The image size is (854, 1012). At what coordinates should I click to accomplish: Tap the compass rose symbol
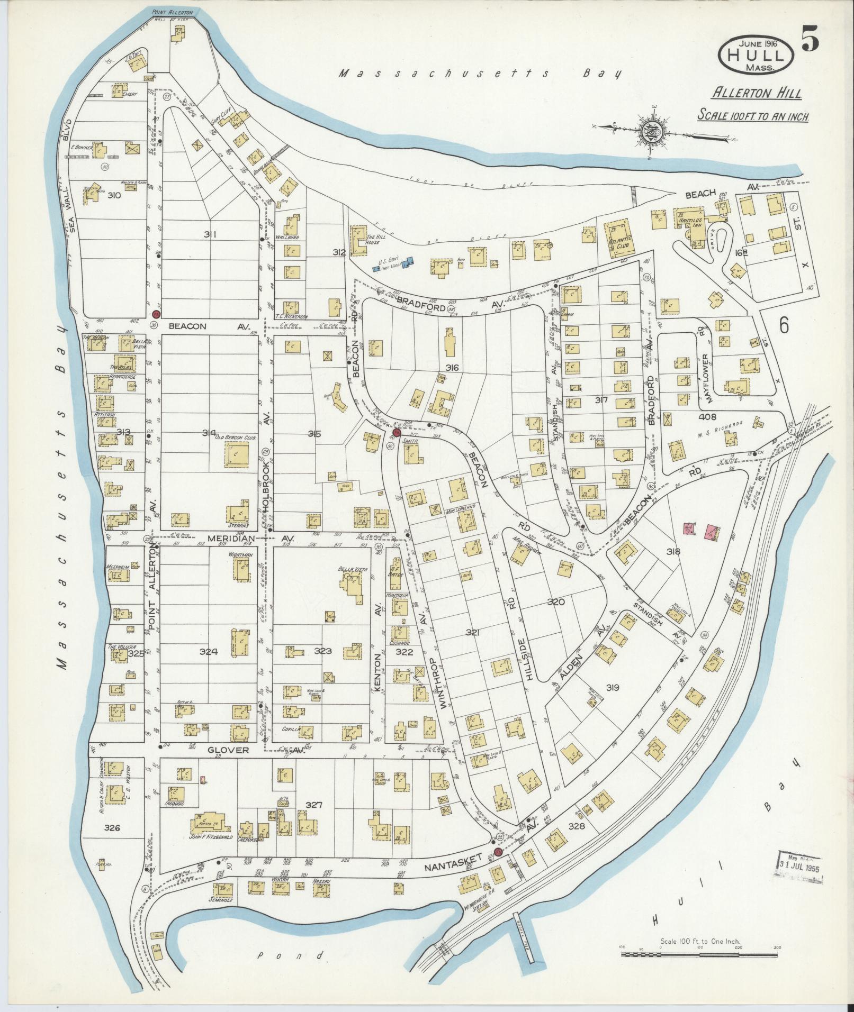(651, 129)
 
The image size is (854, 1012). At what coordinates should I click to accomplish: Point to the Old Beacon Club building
(235, 454)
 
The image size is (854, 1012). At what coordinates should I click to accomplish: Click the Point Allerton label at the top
(172, 12)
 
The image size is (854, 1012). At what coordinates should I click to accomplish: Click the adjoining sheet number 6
(783, 326)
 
